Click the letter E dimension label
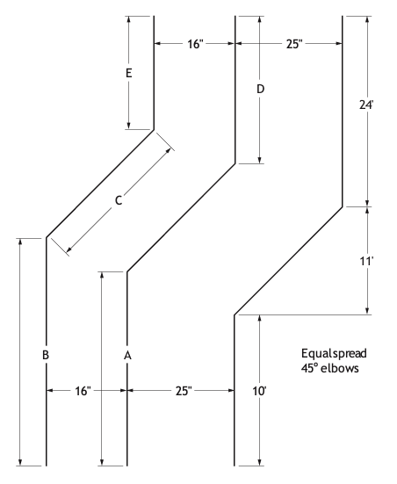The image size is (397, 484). pos(129,73)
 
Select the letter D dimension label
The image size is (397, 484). pos(261,90)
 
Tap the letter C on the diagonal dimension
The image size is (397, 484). pos(119,200)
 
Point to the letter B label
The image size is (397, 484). pos(46,355)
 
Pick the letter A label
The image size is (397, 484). pos(127,356)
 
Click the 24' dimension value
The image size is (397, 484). pos(366,105)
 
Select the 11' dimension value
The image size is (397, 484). pos(366,262)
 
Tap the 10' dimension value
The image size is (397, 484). pos(259,392)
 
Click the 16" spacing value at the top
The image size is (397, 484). pos(196,44)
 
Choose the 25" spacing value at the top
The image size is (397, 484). pos(293,44)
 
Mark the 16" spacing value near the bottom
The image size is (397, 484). pos(83,391)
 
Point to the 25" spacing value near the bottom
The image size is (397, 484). pos(184,391)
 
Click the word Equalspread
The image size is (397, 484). pos(334,354)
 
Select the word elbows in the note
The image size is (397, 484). pos(340,368)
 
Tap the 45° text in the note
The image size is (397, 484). pos(309,368)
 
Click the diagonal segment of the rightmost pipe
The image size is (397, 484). pos(288,261)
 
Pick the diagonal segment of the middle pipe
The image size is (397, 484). pos(181,218)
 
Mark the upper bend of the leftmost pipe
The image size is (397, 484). pos(154,130)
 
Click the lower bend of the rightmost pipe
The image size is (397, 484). pos(235,315)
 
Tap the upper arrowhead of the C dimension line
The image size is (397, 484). pos(169,150)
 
